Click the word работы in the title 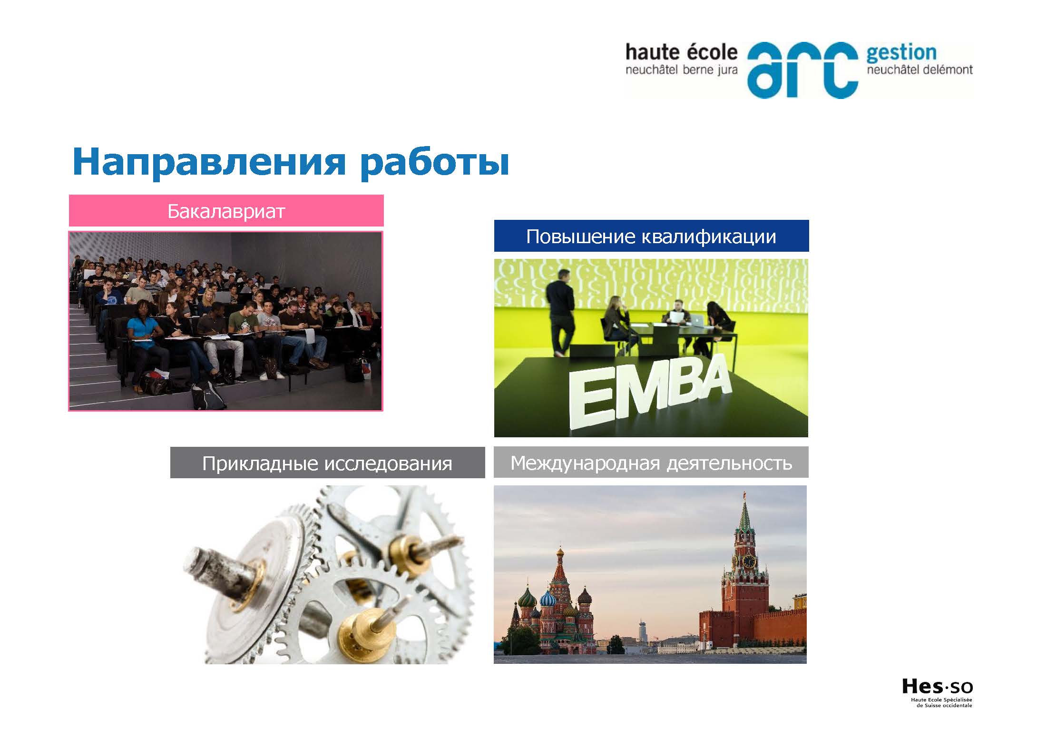[434, 163]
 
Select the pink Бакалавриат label [226, 211]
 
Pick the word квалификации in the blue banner [708, 237]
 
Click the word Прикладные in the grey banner [260, 463]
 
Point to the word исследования [388, 463]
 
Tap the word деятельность [729, 463]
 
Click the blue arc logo [802, 70]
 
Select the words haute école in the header [681, 52]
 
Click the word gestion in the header [901, 53]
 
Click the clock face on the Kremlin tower [749, 562]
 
